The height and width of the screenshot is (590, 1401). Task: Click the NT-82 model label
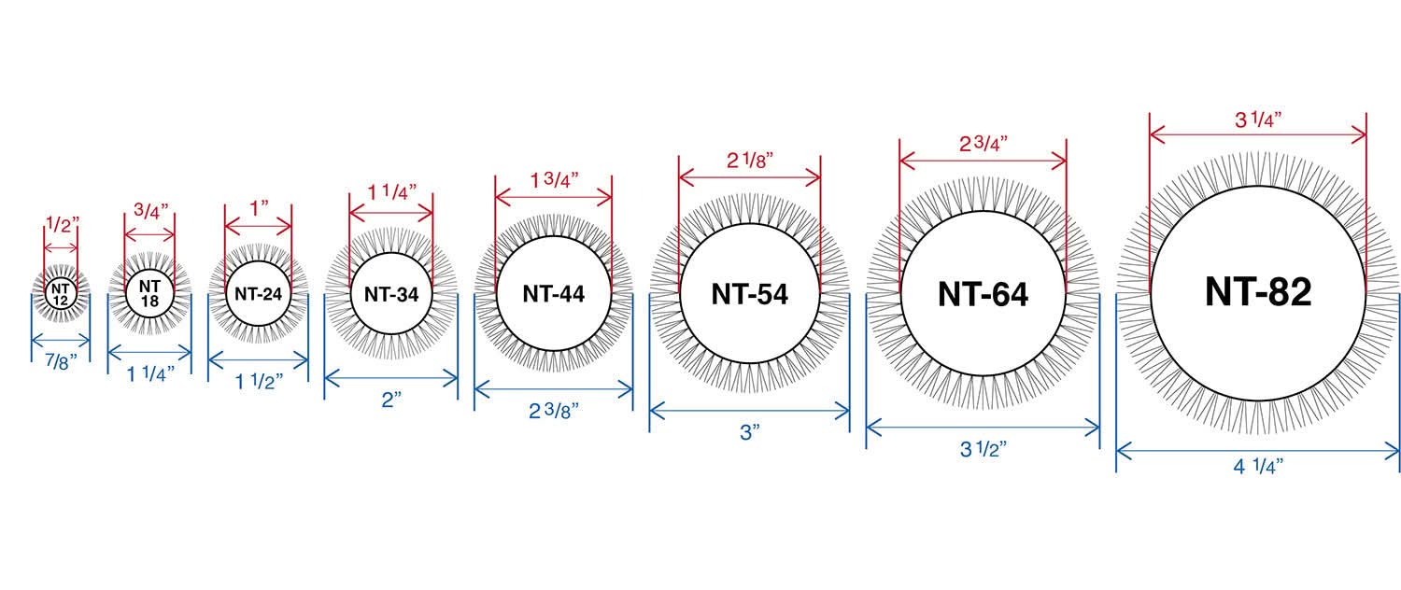[x=1258, y=291]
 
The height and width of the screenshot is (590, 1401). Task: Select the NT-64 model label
[x=983, y=294]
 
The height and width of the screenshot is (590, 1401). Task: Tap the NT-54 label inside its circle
[x=749, y=294]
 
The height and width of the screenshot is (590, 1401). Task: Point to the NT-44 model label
[x=554, y=294]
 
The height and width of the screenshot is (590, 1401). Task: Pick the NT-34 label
[x=391, y=294]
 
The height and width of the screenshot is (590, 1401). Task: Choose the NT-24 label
[x=259, y=294]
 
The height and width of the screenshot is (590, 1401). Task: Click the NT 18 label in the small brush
[x=149, y=293]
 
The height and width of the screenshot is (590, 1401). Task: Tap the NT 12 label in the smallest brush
[x=60, y=294]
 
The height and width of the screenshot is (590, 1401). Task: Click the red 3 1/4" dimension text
[x=1258, y=119]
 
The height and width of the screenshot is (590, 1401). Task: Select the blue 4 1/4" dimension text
[x=1258, y=466]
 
